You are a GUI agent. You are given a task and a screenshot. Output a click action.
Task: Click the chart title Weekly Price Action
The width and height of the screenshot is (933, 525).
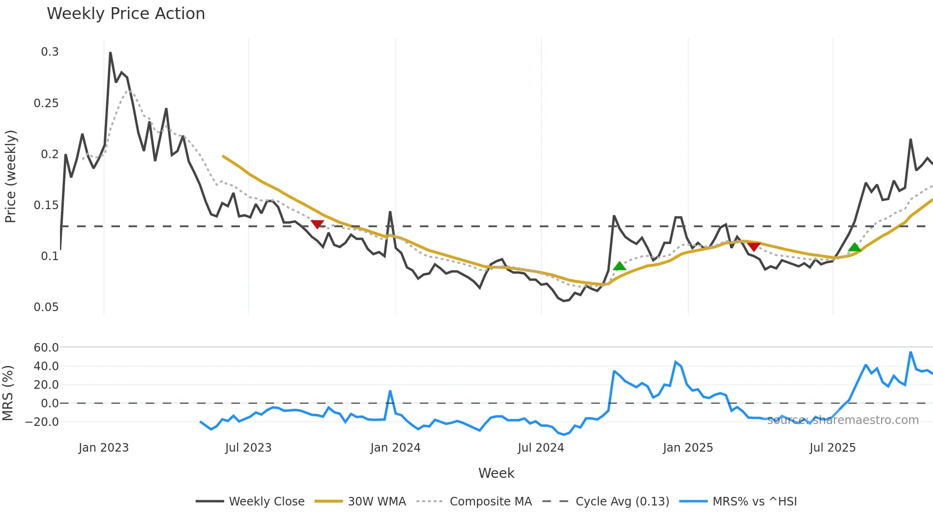126,14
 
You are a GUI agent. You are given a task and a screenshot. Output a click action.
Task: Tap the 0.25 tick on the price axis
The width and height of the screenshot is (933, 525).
46,103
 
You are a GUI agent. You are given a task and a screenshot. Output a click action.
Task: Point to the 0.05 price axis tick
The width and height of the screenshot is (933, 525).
46,307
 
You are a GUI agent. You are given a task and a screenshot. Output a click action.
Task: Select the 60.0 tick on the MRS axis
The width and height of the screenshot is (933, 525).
46,348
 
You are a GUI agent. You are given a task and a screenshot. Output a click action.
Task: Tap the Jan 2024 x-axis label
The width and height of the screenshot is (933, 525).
395,448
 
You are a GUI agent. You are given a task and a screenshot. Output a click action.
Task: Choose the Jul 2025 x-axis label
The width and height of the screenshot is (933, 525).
833,448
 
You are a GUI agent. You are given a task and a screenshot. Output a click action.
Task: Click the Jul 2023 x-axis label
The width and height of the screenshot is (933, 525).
248,448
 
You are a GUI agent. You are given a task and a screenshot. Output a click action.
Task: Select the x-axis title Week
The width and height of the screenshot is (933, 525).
496,473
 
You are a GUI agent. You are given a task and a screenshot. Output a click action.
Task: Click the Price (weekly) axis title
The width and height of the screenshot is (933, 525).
10,176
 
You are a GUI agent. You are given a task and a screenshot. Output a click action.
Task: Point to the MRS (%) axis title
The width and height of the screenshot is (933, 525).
8,393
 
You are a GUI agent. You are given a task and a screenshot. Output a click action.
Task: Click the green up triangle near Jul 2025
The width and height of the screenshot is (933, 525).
854,247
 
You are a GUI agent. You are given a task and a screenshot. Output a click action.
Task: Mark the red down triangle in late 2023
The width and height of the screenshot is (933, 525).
317,224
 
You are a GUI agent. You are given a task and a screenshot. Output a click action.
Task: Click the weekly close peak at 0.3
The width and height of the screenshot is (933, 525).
110,53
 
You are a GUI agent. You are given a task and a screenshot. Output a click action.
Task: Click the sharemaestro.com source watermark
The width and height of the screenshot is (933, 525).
843,420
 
